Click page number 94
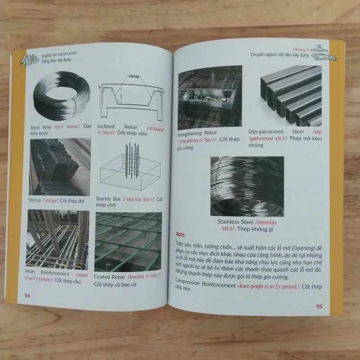(27, 296)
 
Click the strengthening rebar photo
(208, 98)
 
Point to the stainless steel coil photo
(247, 185)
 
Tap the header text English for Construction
(53, 54)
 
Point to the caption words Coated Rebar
(110, 277)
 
